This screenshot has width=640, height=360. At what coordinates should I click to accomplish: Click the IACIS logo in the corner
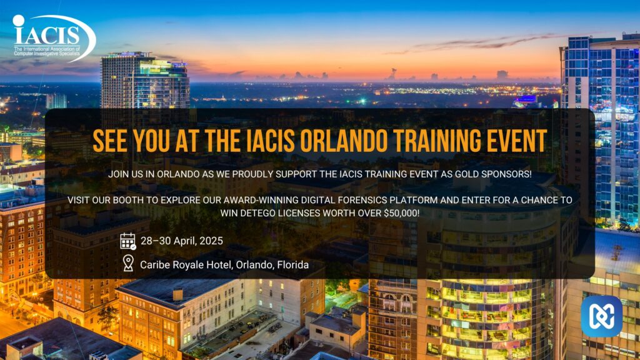pos(54,38)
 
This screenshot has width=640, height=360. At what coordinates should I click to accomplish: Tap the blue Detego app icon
pos(602,316)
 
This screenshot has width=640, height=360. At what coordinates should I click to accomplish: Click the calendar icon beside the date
pos(127,241)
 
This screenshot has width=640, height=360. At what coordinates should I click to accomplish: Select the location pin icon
pos(128,263)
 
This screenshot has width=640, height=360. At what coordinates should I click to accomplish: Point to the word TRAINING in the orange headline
pos(437,141)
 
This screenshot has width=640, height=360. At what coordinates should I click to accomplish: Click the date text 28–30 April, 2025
pos(182,241)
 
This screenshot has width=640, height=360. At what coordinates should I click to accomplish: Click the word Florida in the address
pos(292,265)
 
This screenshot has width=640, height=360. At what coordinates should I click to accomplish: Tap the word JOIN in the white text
pos(118,174)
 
